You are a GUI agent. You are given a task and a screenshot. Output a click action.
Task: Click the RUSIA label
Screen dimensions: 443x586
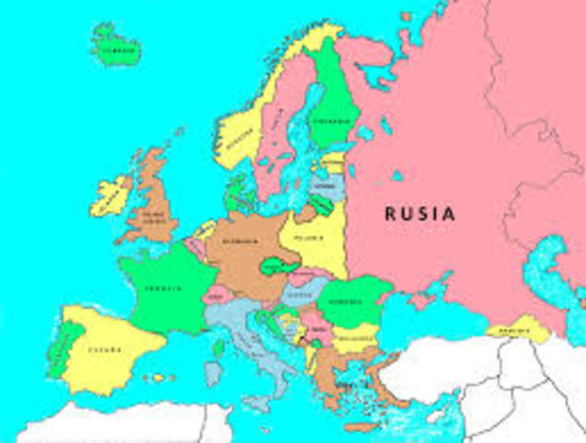click(x=420, y=213)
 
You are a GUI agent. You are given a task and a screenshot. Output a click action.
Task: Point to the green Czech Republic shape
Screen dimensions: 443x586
click(x=277, y=269)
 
